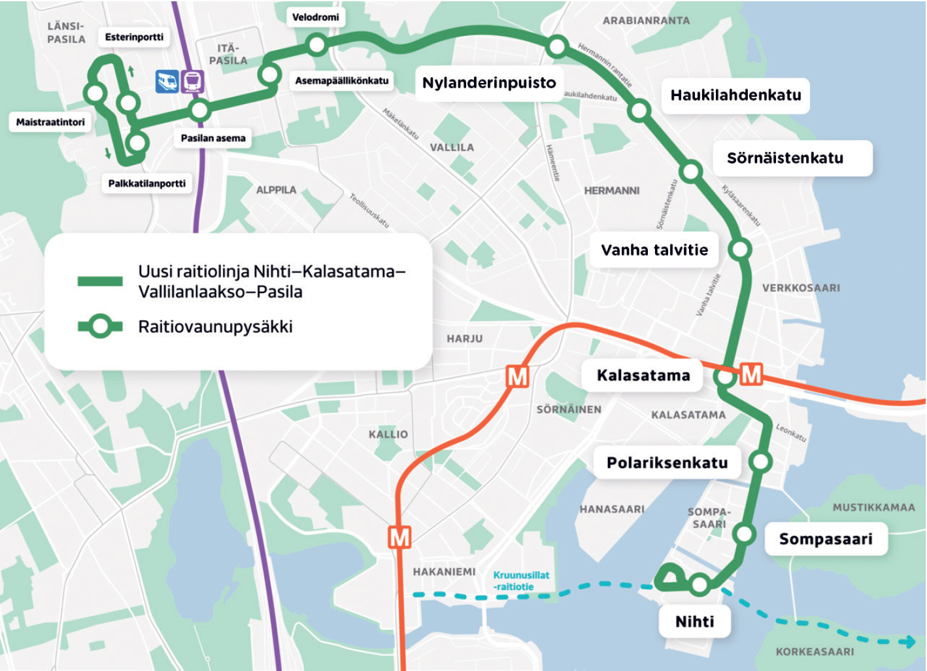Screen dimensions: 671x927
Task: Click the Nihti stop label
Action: (x=694, y=621)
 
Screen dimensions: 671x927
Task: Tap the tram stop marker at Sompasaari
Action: (x=744, y=534)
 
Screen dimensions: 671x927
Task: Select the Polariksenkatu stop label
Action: (x=667, y=462)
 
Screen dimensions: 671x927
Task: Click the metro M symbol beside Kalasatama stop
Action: (x=751, y=375)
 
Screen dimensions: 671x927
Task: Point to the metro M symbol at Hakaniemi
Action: (x=399, y=537)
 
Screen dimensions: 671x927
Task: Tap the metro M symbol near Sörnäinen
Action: (x=517, y=377)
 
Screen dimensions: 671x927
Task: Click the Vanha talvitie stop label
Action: (x=654, y=250)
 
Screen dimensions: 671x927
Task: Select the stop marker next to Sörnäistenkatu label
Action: (x=690, y=172)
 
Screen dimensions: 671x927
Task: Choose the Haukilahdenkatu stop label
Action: (x=735, y=95)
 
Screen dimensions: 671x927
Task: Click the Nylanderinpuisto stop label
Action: (x=488, y=83)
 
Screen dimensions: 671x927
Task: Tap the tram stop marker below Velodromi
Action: (x=316, y=44)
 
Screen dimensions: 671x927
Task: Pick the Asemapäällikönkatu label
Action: (x=341, y=80)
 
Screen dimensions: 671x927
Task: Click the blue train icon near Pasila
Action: (x=167, y=82)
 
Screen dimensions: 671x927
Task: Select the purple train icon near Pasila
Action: (x=192, y=82)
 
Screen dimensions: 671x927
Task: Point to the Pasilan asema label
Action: (x=213, y=138)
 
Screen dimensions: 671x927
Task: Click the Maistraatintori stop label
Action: (x=50, y=122)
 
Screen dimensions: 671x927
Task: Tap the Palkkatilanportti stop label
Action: (x=146, y=183)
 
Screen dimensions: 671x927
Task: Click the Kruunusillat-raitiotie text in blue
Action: (x=520, y=581)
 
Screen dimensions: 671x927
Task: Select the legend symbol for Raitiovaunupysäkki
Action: (x=100, y=326)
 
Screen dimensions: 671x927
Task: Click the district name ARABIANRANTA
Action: (x=646, y=21)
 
